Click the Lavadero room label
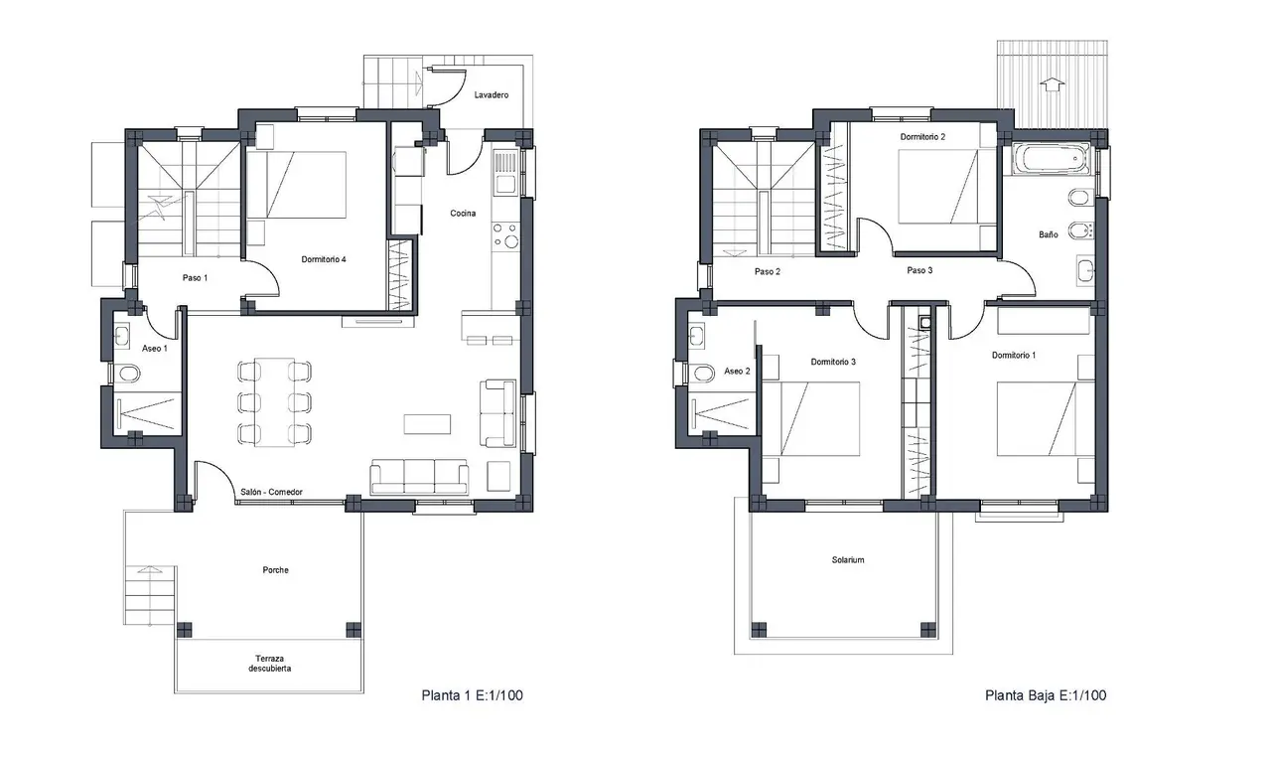492,94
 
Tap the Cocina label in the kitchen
463,213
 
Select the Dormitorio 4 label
324,259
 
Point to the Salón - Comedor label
271,492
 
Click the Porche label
276,570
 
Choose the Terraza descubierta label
269,664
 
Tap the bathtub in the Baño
1050,159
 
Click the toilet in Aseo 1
129,374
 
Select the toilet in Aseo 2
703,374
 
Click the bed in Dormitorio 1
1038,419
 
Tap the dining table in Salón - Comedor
274,402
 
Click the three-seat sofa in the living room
419,477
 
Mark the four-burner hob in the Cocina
505,235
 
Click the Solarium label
848,560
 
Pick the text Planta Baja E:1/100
1046,695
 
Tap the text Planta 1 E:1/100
472,695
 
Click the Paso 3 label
919,270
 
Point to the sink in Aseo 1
123,335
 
